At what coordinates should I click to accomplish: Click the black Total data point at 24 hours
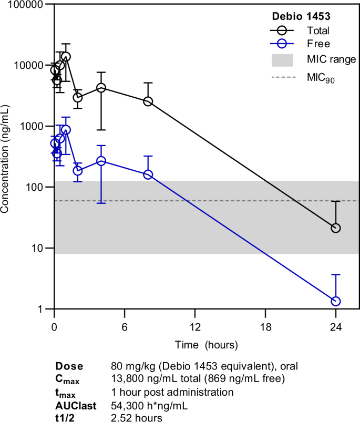pyautogui.click(x=336, y=228)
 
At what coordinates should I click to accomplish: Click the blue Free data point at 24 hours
pyautogui.click(x=336, y=301)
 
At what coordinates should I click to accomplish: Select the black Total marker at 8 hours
pyautogui.click(x=148, y=101)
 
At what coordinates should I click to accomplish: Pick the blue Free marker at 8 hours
pyautogui.click(x=148, y=174)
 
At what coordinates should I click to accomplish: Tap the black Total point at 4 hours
pyautogui.click(x=101, y=88)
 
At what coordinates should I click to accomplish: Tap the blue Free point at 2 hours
pyautogui.click(x=78, y=171)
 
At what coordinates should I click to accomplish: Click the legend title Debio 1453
pyautogui.click(x=299, y=16)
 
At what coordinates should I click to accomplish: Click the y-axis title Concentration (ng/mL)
pyautogui.click(x=6, y=157)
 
